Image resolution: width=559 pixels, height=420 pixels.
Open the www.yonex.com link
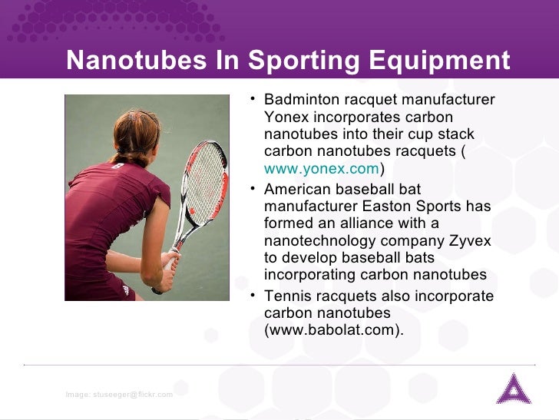click(x=321, y=169)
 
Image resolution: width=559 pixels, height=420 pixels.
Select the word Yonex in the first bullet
click(x=283, y=117)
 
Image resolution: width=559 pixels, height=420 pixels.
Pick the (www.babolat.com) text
click(x=333, y=330)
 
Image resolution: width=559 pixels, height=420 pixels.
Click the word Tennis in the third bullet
click(x=286, y=296)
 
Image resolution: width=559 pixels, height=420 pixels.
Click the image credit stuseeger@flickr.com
click(x=119, y=394)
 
